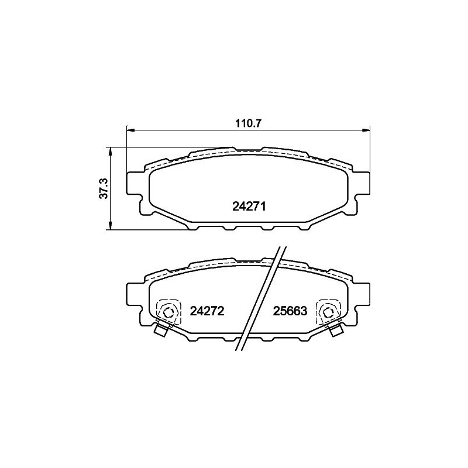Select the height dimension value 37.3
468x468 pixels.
click(103, 189)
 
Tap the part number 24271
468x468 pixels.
click(250, 206)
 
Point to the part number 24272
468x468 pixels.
click(208, 312)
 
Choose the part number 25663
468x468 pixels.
click(290, 312)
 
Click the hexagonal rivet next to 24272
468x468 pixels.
click(168, 312)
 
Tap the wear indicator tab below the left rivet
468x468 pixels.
click(160, 331)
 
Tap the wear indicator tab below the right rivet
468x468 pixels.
click(336, 331)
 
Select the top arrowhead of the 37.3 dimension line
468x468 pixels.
click(110, 151)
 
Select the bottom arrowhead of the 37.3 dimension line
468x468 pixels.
click(110, 227)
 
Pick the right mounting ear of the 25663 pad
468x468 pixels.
click(363, 297)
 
